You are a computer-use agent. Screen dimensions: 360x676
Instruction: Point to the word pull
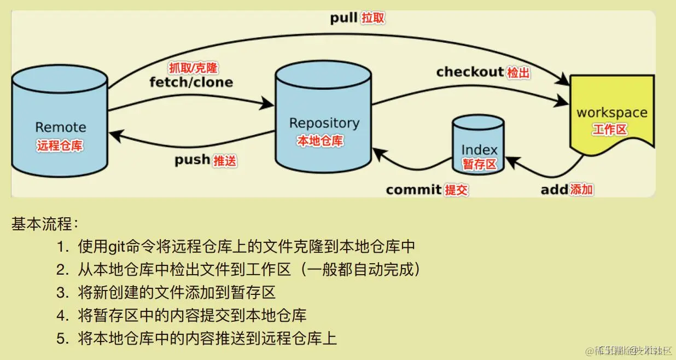pos(343,18)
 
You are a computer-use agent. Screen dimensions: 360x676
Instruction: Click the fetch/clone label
pos(191,83)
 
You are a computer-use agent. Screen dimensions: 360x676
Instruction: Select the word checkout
pos(469,72)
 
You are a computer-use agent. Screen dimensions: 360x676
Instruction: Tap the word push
pos(192,160)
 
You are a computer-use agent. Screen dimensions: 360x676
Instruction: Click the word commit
pos(413,190)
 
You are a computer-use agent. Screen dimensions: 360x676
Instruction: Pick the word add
pos(554,190)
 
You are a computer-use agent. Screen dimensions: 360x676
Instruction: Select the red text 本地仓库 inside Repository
pos(320,141)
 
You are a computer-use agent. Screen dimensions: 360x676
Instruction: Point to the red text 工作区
pos(609,130)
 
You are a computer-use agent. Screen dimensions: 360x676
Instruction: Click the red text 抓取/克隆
pos(193,68)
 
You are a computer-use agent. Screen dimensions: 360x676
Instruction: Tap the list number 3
pos(61,293)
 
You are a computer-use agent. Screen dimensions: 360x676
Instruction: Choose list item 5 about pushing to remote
pos(207,338)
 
